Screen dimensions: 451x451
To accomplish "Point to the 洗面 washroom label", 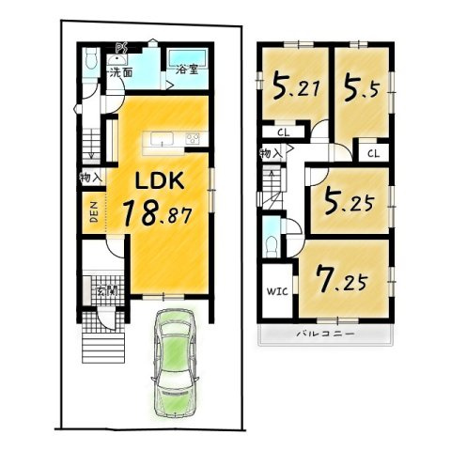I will click(x=119, y=71).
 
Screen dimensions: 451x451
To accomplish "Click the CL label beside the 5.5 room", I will click(x=373, y=153).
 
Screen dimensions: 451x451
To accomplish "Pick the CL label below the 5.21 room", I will click(x=282, y=132).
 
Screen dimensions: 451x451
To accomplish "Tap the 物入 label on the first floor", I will click(x=90, y=177).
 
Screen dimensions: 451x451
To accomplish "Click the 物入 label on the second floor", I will click(x=270, y=153).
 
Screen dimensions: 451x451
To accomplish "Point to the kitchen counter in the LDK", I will click(x=173, y=141).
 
